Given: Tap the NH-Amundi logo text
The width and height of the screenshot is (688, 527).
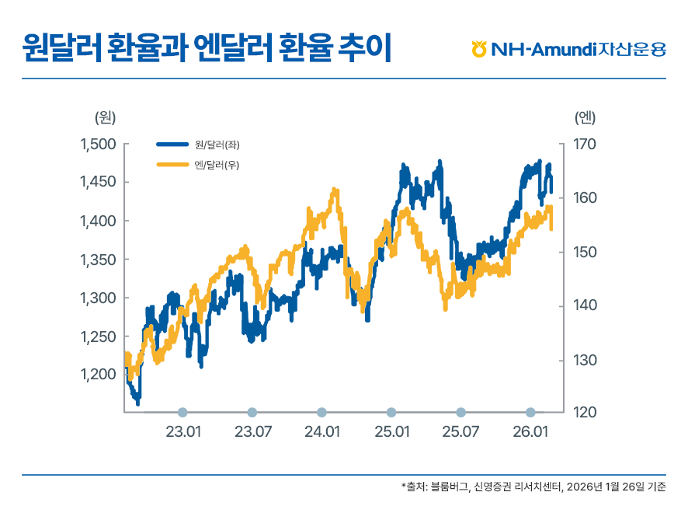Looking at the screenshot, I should coord(578,50).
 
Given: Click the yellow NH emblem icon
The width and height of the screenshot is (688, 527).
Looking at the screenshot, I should coord(478,49).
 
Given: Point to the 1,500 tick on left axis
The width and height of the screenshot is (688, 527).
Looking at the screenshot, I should coord(98,145).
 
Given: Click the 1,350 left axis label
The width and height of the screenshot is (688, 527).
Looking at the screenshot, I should coord(98,260).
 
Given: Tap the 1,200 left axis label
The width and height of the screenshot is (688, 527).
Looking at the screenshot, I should coord(98,375).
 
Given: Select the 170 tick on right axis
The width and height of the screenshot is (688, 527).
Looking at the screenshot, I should coord(584,145).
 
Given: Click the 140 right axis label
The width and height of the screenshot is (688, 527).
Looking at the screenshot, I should coord(584,305).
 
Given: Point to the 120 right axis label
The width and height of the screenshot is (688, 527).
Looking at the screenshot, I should coord(584,412).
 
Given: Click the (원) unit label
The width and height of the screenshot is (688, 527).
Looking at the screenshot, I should coord(104,117).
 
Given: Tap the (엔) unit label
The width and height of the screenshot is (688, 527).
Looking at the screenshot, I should coord(585,117).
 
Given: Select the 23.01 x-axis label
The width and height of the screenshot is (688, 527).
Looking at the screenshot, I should coord(183,432).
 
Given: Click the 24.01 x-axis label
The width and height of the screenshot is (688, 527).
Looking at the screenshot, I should coord(322,432).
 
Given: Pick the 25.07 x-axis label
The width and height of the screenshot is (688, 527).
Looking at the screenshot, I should coord(460,432).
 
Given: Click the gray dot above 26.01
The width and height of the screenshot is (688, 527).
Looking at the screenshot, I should coord(530,412).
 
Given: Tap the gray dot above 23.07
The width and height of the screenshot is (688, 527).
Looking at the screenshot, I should coord(252,412).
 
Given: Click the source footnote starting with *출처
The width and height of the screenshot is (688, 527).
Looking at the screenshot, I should coord(533,487).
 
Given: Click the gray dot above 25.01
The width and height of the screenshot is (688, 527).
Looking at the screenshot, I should coord(391,412).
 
